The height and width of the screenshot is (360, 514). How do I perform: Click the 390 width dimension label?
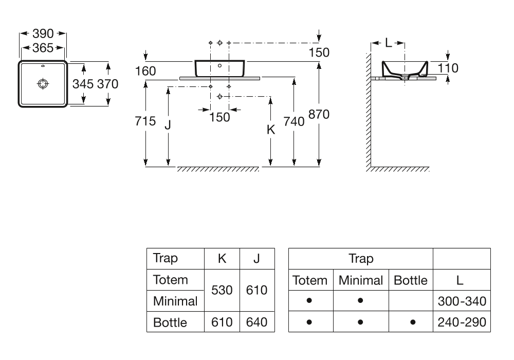pyautogui.click(x=43, y=34)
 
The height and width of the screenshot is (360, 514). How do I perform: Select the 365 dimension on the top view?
pyautogui.click(x=43, y=48)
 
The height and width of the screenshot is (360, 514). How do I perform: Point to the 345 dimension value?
pyautogui.click(x=83, y=84)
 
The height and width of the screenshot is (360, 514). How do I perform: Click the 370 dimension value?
pyautogui.click(x=107, y=84)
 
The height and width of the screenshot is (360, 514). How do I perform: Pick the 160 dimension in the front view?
pyautogui.click(x=145, y=71)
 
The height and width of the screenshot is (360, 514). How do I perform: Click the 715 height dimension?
pyautogui.click(x=145, y=122)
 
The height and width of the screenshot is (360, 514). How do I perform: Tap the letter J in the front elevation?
pyautogui.click(x=168, y=124)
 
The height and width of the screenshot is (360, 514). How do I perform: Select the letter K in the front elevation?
pyautogui.click(x=271, y=130)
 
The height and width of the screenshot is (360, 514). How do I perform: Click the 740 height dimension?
pyautogui.click(x=294, y=122)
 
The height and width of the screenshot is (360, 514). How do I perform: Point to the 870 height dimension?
pyautogui.click(x=319, y=115)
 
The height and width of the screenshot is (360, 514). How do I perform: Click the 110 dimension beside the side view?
pyautogui.click(x=448, y=67)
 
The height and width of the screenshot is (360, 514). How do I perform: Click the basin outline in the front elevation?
pyautogui.click(x=220, y=68)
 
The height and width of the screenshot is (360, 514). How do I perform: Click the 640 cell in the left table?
pyautogui.click(x=256, y=322)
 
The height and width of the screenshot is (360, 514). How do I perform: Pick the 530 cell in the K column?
pyautogui.click(x=222, y=290)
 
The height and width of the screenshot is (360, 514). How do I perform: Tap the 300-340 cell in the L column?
pyautogui.click(x=462, y=301)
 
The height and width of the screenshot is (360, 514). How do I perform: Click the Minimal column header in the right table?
pyautogui.click(x=361, y=280)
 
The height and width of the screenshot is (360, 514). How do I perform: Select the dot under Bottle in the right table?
pyautogui.click(x=411, y=322)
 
